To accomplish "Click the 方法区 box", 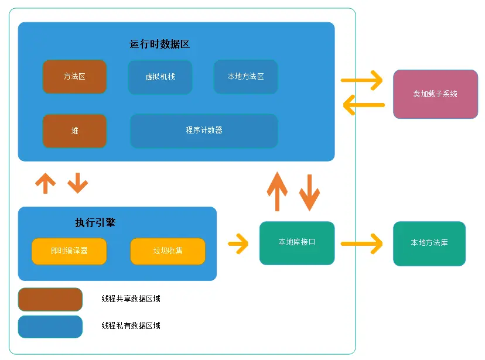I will pos(74,77).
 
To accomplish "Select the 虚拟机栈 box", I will pos(160,77).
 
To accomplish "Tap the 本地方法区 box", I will pos(245,77).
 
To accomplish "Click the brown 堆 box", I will pos(74,131).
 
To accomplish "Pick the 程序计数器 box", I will pos(204,131).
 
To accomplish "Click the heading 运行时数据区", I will pos(159,44).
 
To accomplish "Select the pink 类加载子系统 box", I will pos(435,94).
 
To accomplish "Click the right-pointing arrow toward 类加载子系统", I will pos(362,80).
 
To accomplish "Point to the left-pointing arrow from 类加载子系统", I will pos(363,105).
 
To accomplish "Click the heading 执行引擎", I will pos(95,222).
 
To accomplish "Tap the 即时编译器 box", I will pos(69,251).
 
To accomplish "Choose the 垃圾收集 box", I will pos(168,251).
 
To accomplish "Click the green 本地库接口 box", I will pos(297,242).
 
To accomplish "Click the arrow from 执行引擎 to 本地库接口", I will pos(238,244).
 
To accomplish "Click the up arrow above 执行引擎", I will pos(45,183).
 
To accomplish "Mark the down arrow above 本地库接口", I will pos(309,191).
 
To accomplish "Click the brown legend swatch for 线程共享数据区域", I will pos(50,299).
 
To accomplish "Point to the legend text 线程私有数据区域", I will pos(131,325).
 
